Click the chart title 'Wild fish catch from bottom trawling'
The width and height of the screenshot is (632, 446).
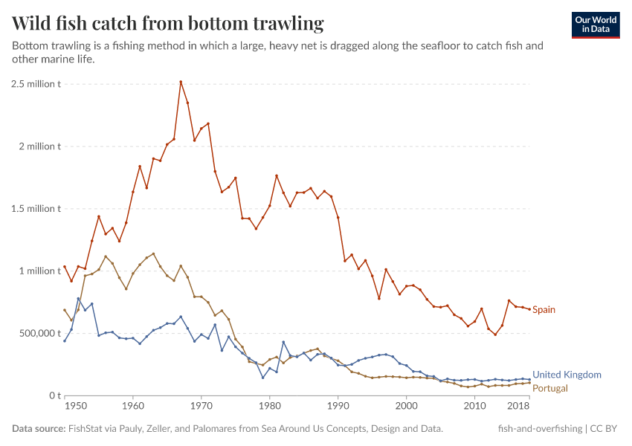(x=168, y=24)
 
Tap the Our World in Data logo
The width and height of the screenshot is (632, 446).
(x=596, y=25)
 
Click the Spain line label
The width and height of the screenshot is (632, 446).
(x=544, y=310)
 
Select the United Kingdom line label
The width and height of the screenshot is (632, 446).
(x=567, y=375)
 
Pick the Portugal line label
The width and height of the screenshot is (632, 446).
(x=550, y=388)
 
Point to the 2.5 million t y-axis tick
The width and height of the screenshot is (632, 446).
(x=36, y=84)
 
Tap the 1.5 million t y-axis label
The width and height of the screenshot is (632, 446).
(x=36, y=209)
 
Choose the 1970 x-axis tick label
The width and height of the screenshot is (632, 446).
(x=201, y=407)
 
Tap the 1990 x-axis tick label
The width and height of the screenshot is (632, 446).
(x=338, y=407)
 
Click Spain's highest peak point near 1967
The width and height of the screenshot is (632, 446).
(x=181, y=82)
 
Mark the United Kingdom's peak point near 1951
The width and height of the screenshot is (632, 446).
(x=78, y=299)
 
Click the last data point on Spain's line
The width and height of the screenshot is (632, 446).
(x=529, y=309)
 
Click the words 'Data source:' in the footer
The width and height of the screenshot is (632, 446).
(x=38, y=429)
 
